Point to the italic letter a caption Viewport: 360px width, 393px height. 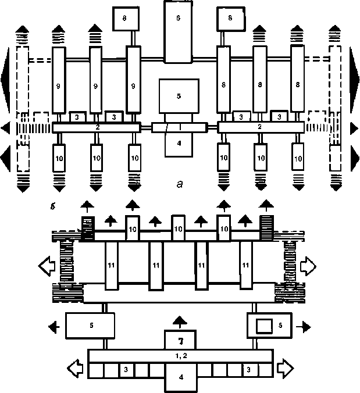click(180, 185)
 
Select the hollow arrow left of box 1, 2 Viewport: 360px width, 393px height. click(77, 369)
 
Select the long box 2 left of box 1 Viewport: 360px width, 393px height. click(96, 127)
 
